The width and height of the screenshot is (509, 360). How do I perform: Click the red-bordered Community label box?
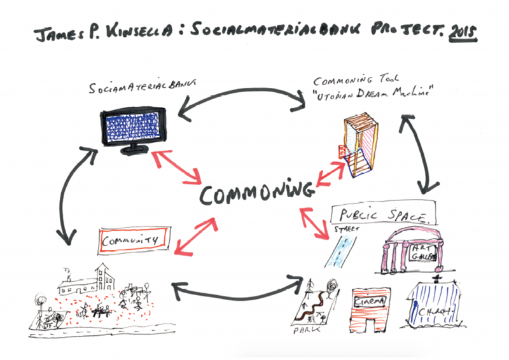(x=132, y=240)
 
